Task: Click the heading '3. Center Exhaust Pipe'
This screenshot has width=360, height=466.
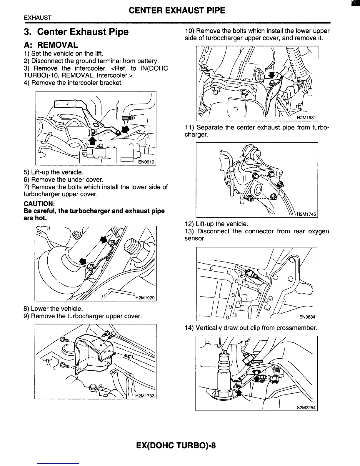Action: pos(76,32)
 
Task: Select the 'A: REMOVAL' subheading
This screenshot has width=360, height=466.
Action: pos(51,45)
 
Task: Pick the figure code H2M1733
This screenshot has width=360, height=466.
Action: pos(145,396)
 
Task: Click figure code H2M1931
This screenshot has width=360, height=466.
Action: pos(306,118)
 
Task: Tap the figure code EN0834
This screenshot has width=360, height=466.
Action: pos(307,317)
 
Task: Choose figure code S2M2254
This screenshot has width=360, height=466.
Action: pos(306,407)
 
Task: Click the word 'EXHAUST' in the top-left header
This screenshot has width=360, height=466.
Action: pos(38,18)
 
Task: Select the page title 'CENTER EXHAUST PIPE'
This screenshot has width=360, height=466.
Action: pos(177,11)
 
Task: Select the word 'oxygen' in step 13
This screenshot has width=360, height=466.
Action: pos(319,231)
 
